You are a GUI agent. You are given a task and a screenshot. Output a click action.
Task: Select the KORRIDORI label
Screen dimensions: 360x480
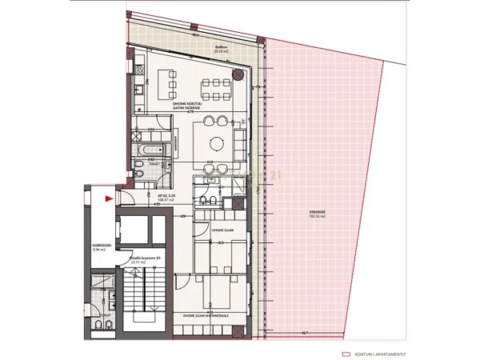click(100, 245)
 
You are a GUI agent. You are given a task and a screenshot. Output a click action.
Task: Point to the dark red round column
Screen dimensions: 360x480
click(238, 74)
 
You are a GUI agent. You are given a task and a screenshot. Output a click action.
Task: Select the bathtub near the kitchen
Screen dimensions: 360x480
click(149, 148)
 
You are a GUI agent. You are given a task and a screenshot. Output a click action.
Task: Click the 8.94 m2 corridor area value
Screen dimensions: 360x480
click(100, 250)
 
